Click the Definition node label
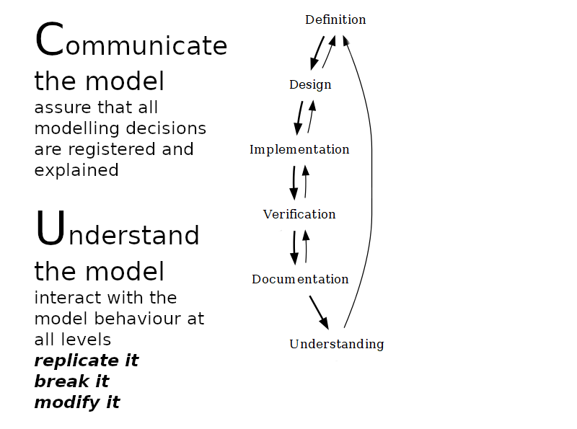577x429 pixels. (335, 19)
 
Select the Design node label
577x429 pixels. (310, 84)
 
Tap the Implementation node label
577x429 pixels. (299, 149)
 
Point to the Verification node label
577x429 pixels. (299, 214)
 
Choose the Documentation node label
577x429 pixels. (300, 279)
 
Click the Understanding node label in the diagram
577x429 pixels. (336, 344)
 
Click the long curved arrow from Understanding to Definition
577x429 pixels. (371, 180)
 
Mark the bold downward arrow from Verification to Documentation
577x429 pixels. (294, 247)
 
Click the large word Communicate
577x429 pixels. (131, 43)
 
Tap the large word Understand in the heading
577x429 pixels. (117, 233)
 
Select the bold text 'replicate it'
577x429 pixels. (87, 361)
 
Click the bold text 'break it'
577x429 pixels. (71, 381)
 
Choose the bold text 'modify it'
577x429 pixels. (77, 402)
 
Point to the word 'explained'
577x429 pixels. (76, 170)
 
